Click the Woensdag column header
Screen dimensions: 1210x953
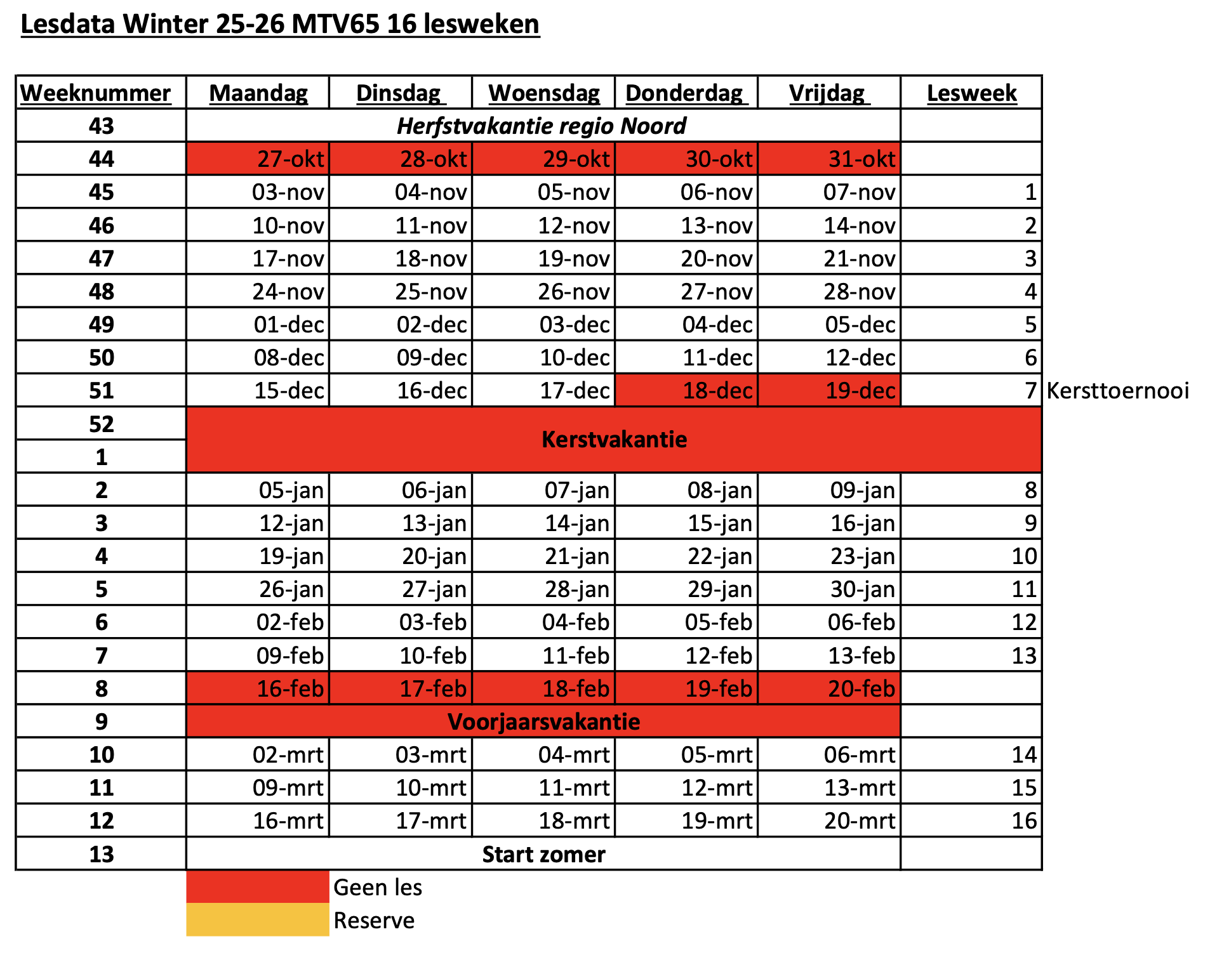click(x=544, y=93)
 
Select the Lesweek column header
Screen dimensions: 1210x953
click(x=971, y=93)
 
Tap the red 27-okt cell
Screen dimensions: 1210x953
click(x=258, y=159)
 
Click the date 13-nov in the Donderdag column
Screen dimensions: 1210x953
click(x=717, y=225)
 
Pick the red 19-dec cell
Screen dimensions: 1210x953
click(x=829, y=390)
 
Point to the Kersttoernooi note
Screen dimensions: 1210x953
click(x=1117, y=390)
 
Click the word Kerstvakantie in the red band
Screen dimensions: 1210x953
click(x=614, y=439)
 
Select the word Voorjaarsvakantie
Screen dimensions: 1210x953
click(x=544, y=721)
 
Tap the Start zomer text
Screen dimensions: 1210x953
click(x=543, y=854)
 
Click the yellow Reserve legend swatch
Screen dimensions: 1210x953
click(x=258, y=919)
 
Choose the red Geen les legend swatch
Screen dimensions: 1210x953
click(x=258, y=886)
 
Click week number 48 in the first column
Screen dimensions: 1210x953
click(x=102, y=291)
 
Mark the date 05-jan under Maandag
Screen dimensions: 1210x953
click(x=291, y=490)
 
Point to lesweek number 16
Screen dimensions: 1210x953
click(x=1024, y=820)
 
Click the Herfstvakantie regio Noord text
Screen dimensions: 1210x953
click(x=542, y=126)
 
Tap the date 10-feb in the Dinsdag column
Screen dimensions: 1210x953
click(x=433, y=655)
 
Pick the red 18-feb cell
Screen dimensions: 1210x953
click(x=543, y=688)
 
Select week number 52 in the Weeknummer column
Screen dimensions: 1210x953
click(x=102, y=424)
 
